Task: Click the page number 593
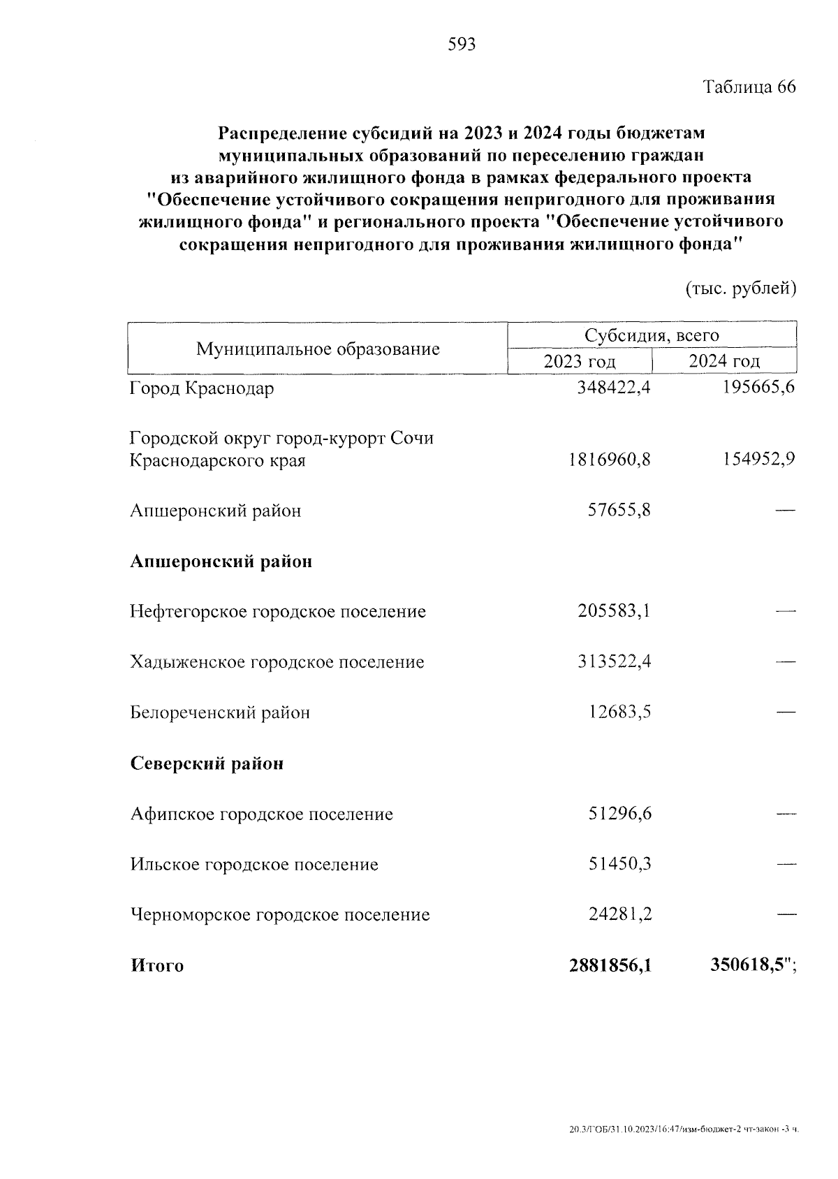coord(461,45)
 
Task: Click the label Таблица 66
coord(749,87)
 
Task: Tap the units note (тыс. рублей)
coord(741,288)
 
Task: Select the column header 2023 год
coord(580,361)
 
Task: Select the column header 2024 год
coord(724,361)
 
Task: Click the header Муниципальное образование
coord(318,349)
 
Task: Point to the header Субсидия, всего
coord(652,335)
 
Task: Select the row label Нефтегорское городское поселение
coord(278,612)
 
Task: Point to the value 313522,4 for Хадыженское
coord(614,661)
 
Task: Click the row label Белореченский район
coord(220,713)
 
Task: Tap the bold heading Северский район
coord(207,763)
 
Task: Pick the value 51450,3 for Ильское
coord(619,864)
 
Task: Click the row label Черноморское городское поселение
coord(280,914)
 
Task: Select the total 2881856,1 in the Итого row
coord(610,965)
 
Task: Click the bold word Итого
coord(157,966)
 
